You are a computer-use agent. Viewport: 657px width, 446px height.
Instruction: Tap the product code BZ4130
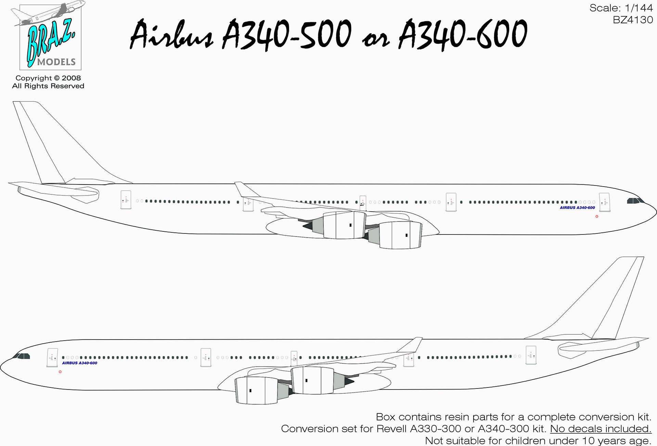pyautogui.click(x=633, y=20)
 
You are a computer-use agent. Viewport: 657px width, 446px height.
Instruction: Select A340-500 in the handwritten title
pyautogui.click(x=287, y=34)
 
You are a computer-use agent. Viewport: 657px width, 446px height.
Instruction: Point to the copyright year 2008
pyautogui.click(x=71, y=78)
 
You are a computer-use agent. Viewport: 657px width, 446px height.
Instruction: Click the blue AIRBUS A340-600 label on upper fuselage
pyautogui.click(x=577, y=208)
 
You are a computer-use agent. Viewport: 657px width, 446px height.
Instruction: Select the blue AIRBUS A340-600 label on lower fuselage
pyautogui.click(x=79, y=363)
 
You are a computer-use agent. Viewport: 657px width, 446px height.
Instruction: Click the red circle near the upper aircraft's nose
pyautogui.click(x=597, y=216)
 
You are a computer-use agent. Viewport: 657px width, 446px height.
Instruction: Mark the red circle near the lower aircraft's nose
pyautogui.click(x=60, y=372)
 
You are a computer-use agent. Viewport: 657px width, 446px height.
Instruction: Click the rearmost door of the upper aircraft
pyautogui.click(x=126, y=200)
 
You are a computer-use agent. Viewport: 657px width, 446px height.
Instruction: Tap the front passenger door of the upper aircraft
pyautogui.click(x=605, y=202)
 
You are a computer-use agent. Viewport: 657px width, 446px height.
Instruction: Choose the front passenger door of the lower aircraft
pyautogui.click(x=52, y=358)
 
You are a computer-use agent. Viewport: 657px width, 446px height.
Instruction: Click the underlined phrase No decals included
pyautogui.click(x=601, y=429)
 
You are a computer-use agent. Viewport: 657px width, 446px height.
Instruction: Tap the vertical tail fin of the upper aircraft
pyautogui.click(x=51, y=144)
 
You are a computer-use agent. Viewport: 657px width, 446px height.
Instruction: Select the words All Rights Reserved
pyautogui.click(x=48, y=86)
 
